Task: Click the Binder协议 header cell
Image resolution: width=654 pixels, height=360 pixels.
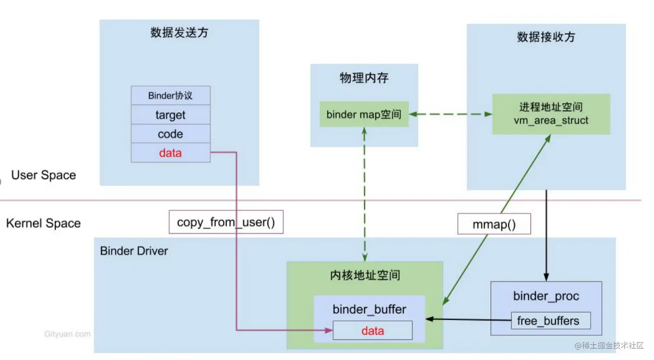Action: [170, 96]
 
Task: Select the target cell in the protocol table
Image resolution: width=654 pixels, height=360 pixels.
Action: [170, 115]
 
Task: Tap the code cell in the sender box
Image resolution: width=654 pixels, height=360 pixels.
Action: [170, 134]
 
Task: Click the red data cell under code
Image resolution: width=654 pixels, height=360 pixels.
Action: [170, 153]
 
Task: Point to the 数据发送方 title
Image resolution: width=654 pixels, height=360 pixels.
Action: [179, 33]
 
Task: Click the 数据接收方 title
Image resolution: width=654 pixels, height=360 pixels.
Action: [546, 37]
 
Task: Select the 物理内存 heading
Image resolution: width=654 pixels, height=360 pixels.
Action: [364, 78]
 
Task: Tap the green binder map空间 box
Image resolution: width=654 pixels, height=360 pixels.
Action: [364, 115]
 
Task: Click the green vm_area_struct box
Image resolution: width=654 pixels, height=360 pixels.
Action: [551, 114]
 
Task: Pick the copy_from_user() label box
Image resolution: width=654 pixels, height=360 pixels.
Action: [226, 222]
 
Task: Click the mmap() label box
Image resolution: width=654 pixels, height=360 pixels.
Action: [494, 225]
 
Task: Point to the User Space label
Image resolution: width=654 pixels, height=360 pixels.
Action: [44, 175]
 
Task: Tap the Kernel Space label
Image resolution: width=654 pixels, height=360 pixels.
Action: [43, 223]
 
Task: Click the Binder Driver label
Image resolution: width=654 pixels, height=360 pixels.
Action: [134, 251]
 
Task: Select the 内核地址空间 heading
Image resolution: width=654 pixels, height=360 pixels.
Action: [365, 275]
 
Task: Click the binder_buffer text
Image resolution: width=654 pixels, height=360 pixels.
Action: [369, 309]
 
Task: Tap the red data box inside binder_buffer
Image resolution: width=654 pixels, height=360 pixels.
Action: [372, 331]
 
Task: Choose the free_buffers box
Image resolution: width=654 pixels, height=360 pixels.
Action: [550, 321]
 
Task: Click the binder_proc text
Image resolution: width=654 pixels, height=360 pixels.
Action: [546, 296]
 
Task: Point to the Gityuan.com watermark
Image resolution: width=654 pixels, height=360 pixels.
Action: [67, 334]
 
